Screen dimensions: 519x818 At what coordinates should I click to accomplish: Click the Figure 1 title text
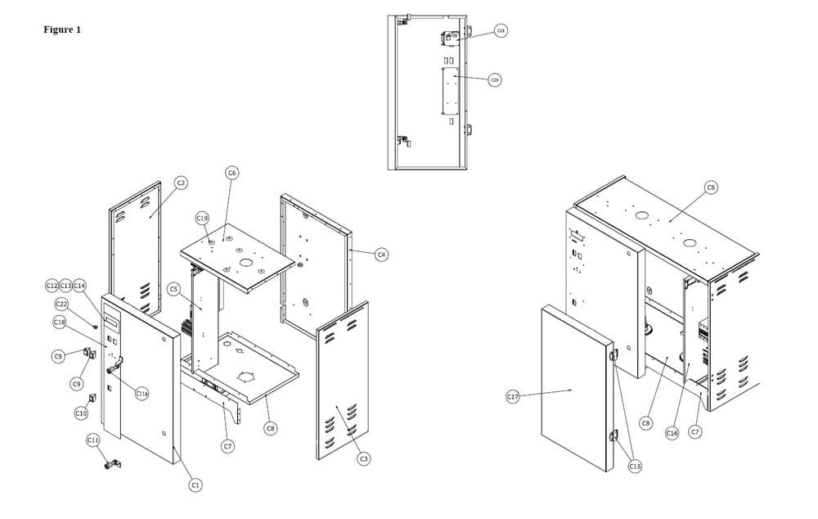[x=62, y=30]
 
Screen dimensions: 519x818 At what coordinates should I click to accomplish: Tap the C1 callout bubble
[x=195, y=485]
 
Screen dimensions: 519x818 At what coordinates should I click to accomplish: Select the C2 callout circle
[x=182, y=183]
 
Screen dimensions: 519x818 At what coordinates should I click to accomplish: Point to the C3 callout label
[x=363, y=458]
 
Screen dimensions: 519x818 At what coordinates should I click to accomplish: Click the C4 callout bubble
[x=381, y=255]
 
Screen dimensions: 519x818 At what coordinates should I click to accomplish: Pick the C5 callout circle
[x=173, y=289]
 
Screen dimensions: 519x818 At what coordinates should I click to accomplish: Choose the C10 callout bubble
[x=81, y=413]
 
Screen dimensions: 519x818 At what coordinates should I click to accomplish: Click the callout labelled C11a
[x=141, y=394]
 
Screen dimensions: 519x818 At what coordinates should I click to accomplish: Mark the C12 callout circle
[x=52, y=285]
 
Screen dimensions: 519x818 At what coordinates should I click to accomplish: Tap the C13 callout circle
[x=65, y=285]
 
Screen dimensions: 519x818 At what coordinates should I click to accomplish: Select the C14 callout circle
[x=79, y=285]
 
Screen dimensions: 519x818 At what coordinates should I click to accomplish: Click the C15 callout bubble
[x=635, y=466]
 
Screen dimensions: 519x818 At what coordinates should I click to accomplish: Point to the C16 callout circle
[x=672, y=433]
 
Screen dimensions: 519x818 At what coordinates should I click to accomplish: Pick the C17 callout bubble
[x=513, y=397]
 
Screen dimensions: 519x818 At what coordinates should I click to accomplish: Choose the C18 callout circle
[x=59, y=323]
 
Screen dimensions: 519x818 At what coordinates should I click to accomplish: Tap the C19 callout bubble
[x=203, y=219]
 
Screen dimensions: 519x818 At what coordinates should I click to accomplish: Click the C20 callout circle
[x=495, y=79]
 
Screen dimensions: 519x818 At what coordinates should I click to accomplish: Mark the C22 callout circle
[x=61, y=305]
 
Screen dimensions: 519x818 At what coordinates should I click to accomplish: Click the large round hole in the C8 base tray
[x=246, y=377]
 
